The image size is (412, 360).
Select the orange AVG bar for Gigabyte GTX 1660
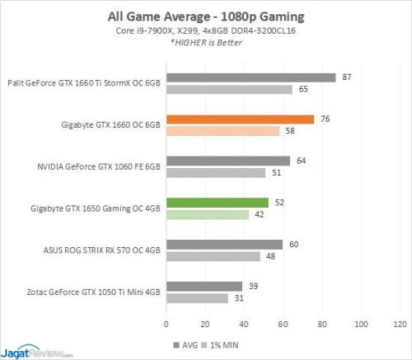tap(240, 119)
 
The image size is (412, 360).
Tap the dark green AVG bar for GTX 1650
tap(217, 203)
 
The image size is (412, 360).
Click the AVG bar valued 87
tap(250, 77)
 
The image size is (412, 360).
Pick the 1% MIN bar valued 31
tap(196, 298)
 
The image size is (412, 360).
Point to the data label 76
tap(325, 119)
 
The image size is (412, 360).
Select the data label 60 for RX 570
tap(294, 244)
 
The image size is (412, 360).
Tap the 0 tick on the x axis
tap(166, 325)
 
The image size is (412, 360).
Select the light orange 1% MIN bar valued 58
tap(222, 131)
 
